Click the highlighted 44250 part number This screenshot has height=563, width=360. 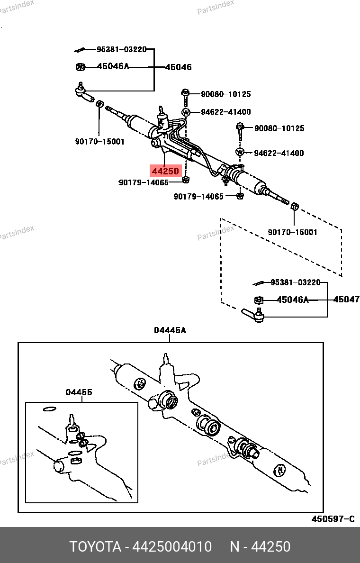[x=165, y=171]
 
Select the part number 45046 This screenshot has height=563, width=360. [x=178, y=67]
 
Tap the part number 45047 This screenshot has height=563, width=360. [x=346, y=300]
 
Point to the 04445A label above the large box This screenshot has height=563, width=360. [x=170, y=331]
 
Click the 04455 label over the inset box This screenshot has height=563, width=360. [x=79, y=392]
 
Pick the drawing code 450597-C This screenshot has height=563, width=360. [x=333, y=519]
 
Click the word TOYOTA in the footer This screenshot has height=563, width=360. [x=96, y=547]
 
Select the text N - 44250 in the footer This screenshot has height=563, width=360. [x=260, y=547]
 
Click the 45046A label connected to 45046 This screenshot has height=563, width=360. [x=113, y=66]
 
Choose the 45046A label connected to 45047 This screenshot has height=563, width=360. [x=292, y=300]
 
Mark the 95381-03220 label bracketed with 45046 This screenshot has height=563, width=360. [x=122, y=49]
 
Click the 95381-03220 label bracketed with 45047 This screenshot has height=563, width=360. [x=295, y=282]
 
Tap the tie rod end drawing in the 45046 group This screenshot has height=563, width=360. [x=84, y=93]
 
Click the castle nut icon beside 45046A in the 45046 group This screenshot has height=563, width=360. [x=80, y=67]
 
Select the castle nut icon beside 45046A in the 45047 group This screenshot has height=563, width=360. [x=259, y=300]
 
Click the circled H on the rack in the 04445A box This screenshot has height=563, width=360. [x=280, y=470]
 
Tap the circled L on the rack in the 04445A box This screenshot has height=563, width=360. [x=140, y=383]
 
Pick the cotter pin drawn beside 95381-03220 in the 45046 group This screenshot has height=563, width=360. [x=80, y=50]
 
